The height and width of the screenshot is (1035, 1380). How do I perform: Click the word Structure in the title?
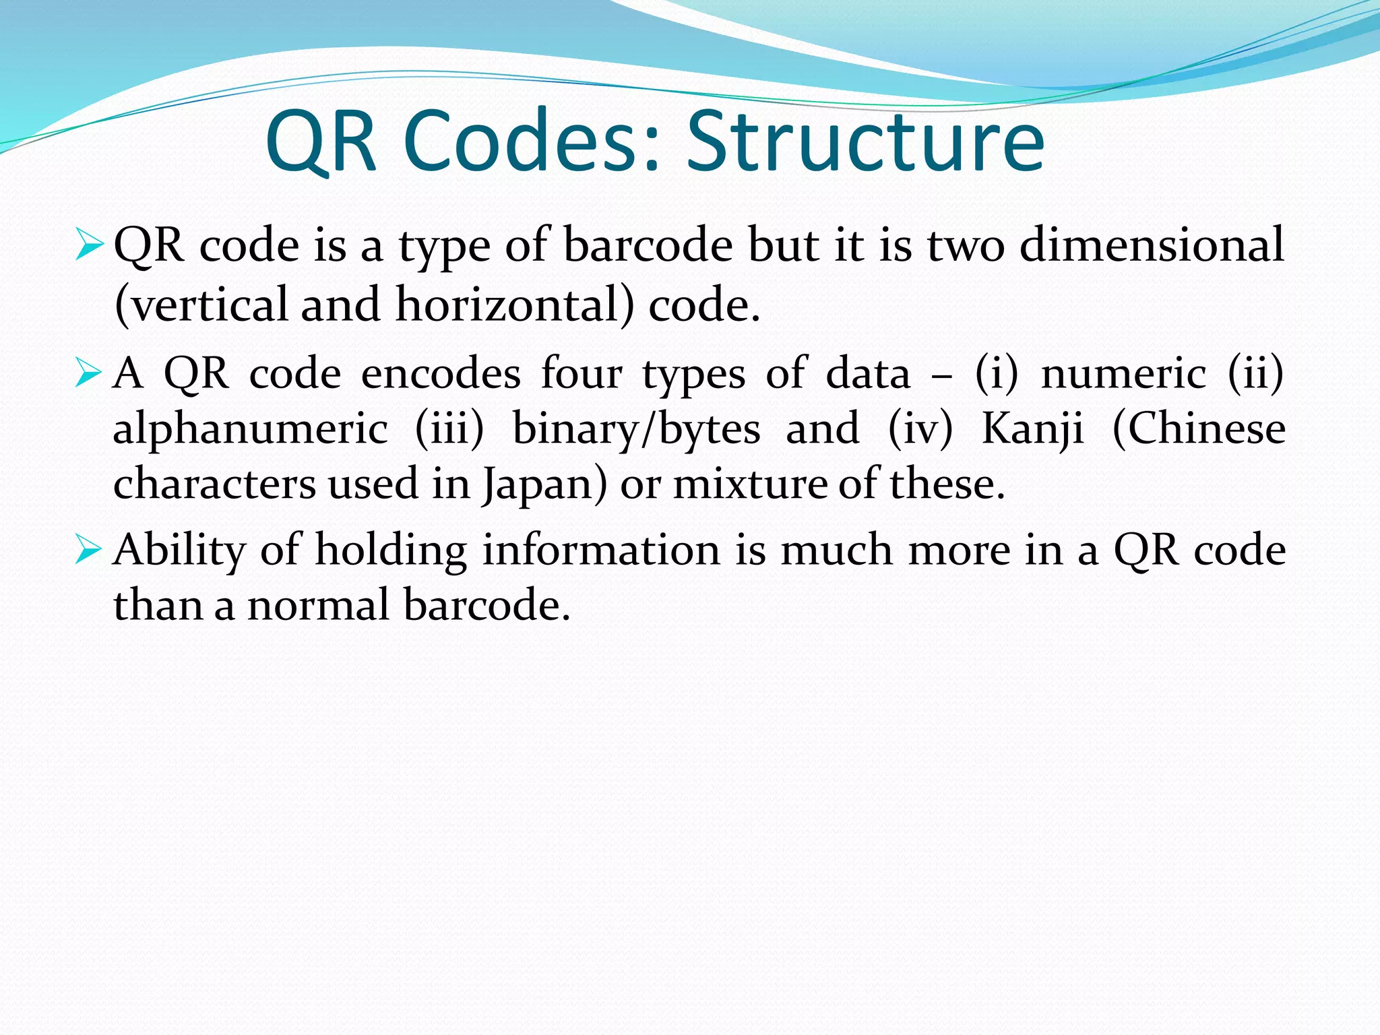coord(865,143)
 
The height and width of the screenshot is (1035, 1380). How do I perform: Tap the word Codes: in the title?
coord(530,143)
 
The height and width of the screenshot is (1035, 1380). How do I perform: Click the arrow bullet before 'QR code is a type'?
coord(88,244)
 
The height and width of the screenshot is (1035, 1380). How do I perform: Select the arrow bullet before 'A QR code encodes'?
coord(88,373)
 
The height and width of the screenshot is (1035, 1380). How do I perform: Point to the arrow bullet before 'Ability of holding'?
coord(88,549)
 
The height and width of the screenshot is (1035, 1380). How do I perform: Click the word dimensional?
coord(1152,244)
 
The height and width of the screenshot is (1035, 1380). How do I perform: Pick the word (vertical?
coord(201,305)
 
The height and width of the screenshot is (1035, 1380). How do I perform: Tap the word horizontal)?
coord(515,305)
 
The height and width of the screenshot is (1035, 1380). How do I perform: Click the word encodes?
coord(441,373)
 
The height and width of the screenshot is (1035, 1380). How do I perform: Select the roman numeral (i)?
coord(997,373)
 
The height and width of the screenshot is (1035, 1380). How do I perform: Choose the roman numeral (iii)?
coord(449,429)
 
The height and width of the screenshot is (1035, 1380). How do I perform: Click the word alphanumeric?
coord(250,429)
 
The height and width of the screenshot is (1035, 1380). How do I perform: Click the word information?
coord(601,550)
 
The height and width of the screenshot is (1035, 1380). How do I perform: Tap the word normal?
coord(319,604)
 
